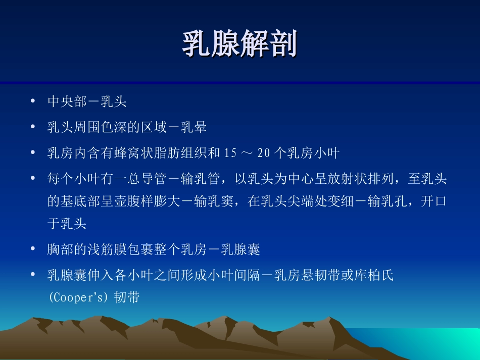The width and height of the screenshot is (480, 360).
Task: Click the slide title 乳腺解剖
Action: click(239, 43)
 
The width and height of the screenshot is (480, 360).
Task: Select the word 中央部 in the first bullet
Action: click(67, 101)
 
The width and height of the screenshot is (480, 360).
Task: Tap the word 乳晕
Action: click(194, 127)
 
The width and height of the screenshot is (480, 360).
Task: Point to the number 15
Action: click(230, 153)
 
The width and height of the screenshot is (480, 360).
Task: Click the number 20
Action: click(264, 153)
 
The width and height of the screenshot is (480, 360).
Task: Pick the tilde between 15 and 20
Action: click(247, 153)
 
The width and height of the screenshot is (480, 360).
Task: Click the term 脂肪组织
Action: click(180, 153)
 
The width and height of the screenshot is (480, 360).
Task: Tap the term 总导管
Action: click(147, 179)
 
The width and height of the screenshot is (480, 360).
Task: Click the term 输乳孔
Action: click(387, 201)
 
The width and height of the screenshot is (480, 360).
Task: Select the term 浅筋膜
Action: click(107, 249)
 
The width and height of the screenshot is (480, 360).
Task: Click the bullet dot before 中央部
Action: click(33, 100)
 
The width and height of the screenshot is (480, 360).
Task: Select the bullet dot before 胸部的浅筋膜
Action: click(33, 248)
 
